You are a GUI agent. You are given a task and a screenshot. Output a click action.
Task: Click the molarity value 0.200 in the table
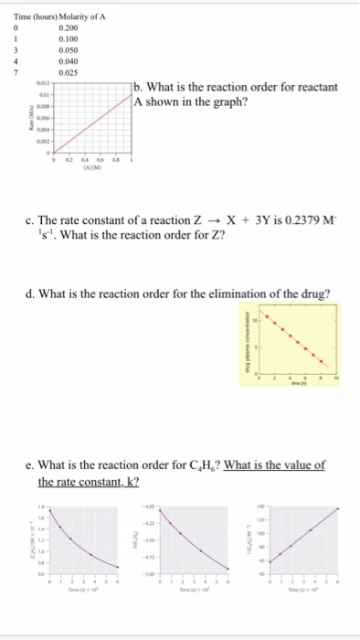click(x=68, y=28)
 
